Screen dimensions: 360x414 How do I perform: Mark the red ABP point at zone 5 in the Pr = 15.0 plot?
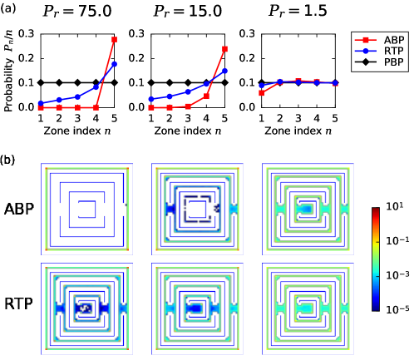(x=224, y=48)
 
